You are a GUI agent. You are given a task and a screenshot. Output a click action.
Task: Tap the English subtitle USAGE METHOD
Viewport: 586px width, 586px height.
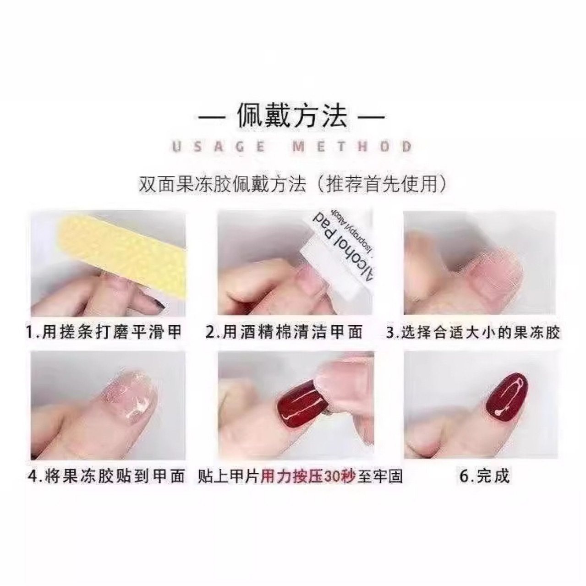(291, 147)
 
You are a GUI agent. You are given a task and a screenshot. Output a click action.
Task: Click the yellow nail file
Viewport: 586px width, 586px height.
(124, 257)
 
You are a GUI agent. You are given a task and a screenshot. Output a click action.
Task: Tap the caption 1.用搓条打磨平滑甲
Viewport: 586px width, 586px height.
(104, 331)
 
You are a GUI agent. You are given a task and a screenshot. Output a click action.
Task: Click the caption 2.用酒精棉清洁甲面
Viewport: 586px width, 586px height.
(284, 331)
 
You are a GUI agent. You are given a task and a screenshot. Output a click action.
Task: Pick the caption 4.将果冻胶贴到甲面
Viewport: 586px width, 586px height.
(107, 476)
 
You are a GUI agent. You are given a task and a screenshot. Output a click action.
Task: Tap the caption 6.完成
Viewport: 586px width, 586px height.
(484, 476)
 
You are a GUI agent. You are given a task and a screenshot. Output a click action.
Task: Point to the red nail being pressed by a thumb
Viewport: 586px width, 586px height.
(302, 403)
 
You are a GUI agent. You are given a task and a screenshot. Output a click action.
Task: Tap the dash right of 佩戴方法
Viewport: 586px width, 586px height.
(370, 117)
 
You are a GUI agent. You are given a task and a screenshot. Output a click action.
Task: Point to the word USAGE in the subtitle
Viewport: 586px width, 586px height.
(219, 147)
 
